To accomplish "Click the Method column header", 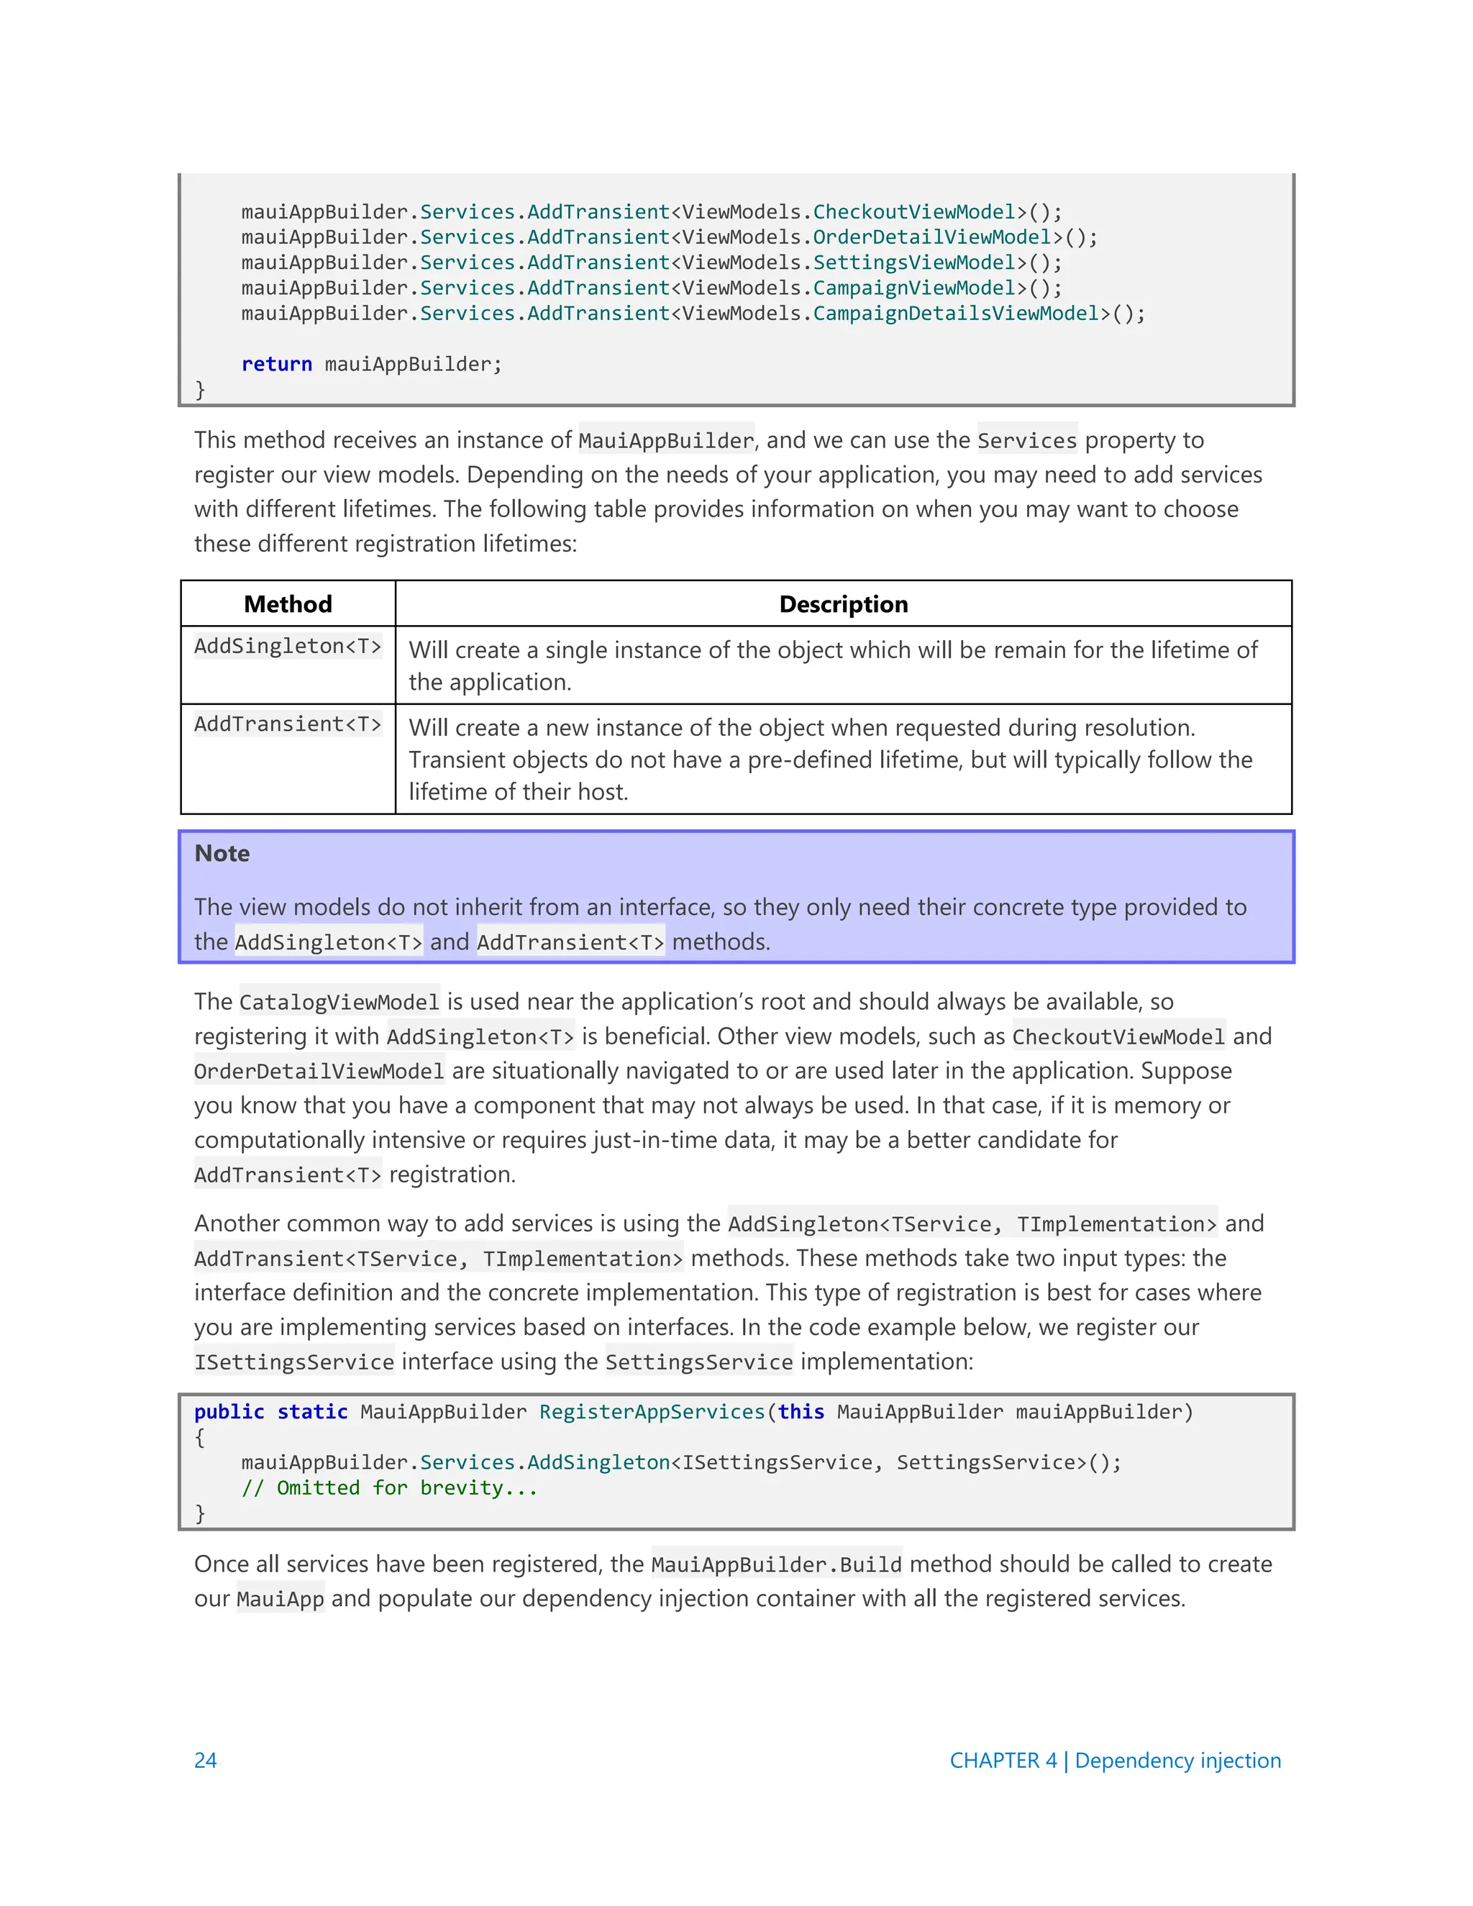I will coord(288,604).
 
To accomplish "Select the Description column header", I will coord(843,604).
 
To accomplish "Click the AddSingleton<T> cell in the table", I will coord(288,647).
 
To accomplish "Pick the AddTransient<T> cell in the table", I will coord(288,724).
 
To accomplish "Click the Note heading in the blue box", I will coord(222,854).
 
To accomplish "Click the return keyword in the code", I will coord(277,364).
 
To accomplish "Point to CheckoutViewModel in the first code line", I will coord(913,212).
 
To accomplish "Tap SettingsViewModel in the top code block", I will coord(913,263).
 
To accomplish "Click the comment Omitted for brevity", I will coord(389,1488).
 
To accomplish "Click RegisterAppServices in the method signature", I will coord(651,1412).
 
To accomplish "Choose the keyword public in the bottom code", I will coord(229,1412).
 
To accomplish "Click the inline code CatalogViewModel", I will coord(339,1002).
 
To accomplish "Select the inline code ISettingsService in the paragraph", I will coord(294,1362).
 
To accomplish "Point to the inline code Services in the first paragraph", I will coord(1027,441).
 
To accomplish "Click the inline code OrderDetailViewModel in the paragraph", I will coord(319,1072).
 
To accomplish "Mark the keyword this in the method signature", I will coord(801,1412).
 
